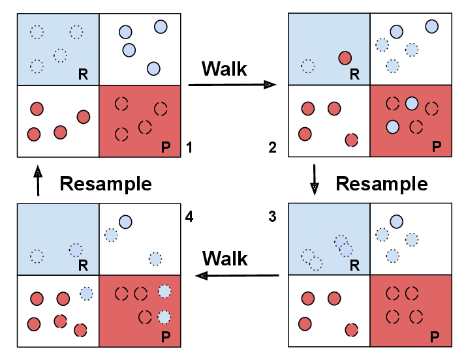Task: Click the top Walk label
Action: tap(225, 68)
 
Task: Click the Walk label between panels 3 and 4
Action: tap(225, 258)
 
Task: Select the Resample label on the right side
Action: tap(382, 183)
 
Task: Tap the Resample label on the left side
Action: tap(106, 183)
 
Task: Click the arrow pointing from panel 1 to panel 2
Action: tap(231, 85)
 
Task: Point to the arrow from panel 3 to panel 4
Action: tap(238, 276)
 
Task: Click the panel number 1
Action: tap(189, 147)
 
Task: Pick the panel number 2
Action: tap(273, 147)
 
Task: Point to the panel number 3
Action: tap(273, 217)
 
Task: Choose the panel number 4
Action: tap(189, 215)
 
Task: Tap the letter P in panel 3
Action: tap(435, 338)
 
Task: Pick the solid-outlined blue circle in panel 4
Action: tap(126, 222)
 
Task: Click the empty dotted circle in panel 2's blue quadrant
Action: tap(308, 66)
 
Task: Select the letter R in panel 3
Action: tap(355, 265)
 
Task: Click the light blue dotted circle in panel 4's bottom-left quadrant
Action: tap(86, 294)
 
